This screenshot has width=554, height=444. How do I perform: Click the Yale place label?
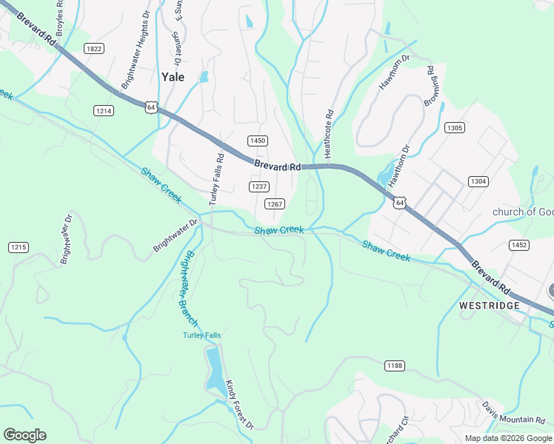(173, 75)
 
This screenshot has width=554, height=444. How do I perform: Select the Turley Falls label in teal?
(202, 335)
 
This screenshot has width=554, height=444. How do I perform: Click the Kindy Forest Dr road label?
(239, 405)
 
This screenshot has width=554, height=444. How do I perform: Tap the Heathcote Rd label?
(330, 133)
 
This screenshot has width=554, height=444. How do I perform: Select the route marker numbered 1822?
(94, 49)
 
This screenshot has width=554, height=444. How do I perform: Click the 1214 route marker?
(104, 110)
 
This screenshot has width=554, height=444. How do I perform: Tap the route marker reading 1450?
(257, 141)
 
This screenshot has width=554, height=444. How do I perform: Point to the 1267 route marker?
(276, 204)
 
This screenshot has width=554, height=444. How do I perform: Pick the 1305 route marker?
(455, 128)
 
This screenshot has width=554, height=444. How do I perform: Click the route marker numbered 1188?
(394, 366)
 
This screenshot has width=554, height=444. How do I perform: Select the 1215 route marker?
(18, 246)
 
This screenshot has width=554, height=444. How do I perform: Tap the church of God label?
(523, 212)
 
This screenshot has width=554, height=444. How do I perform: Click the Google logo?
(24, 435)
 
